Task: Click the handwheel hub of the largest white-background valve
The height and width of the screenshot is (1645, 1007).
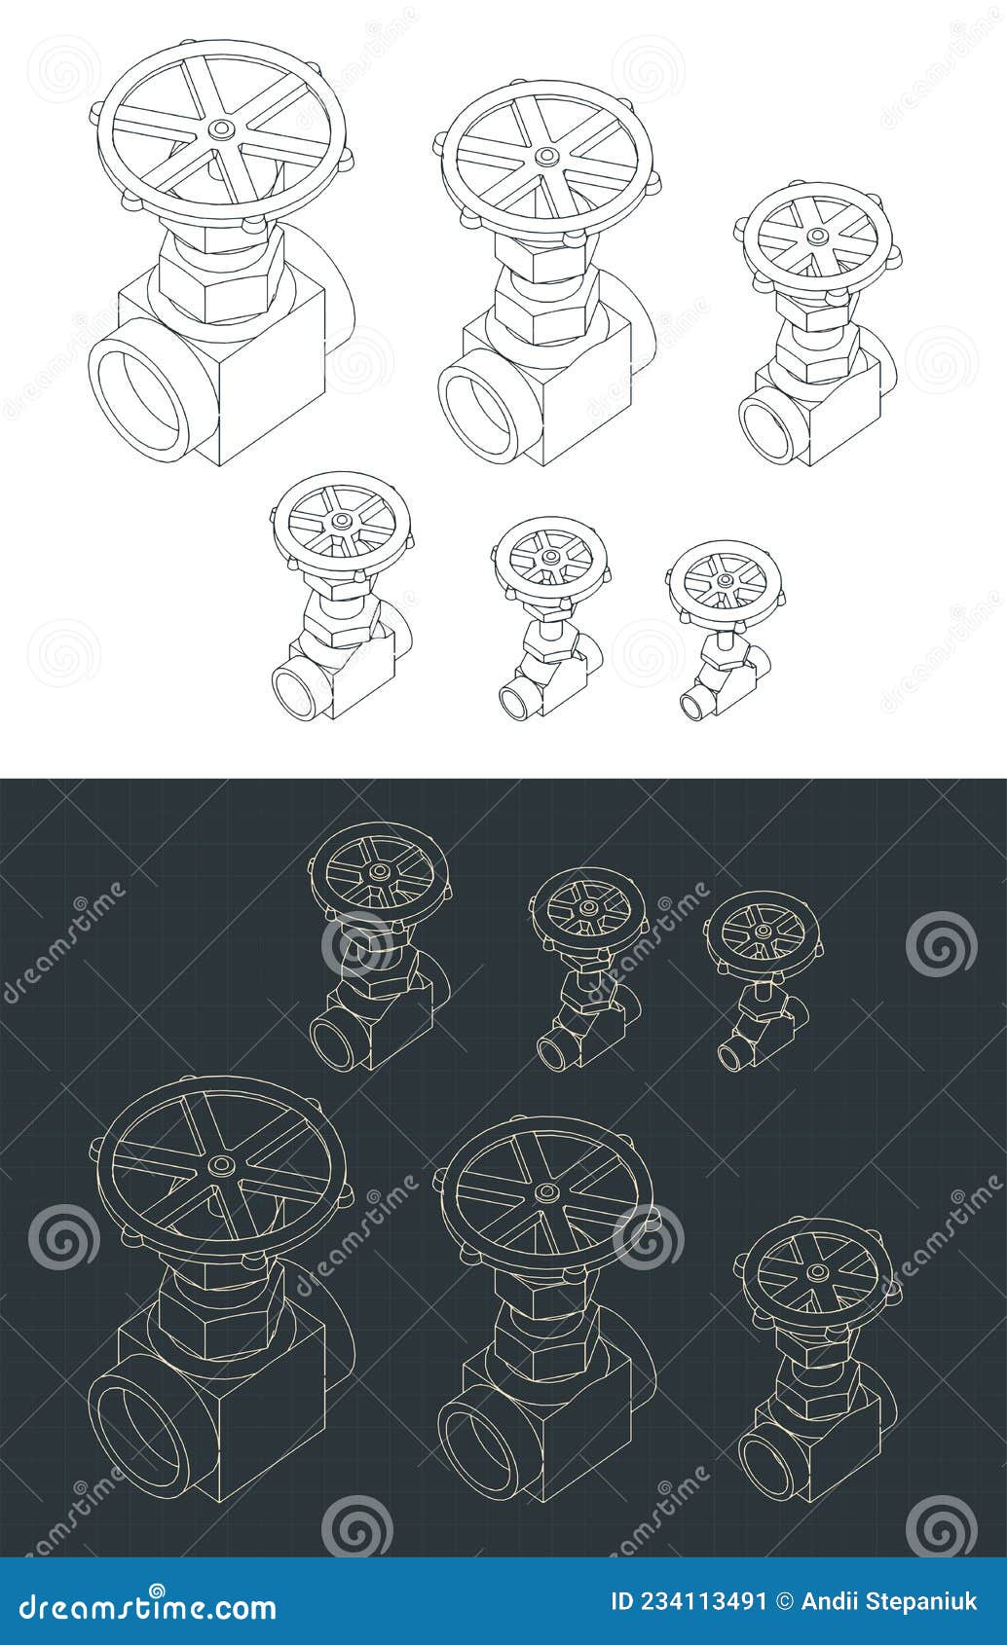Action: coord(222,129)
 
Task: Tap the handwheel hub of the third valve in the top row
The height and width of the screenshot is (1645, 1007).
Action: coord(815,237)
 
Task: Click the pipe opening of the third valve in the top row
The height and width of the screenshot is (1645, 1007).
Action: coord(768,425)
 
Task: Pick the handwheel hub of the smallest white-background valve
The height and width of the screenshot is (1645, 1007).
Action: coord(724,580)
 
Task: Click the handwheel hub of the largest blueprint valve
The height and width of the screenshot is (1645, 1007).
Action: coord(222,1165)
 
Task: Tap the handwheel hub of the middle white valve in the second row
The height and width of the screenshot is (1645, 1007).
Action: coord(551,557)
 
